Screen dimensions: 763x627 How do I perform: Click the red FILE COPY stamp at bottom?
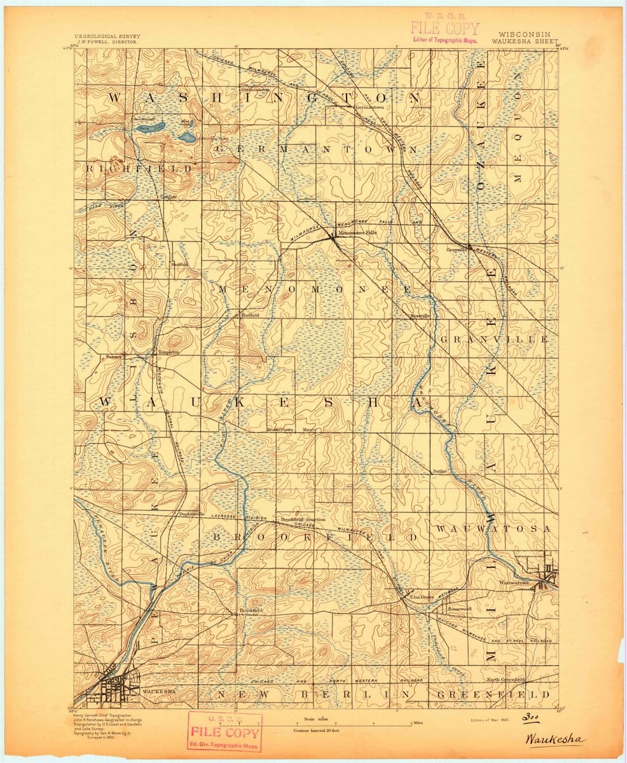[224, 731]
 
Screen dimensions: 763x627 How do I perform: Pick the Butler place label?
[438, 471]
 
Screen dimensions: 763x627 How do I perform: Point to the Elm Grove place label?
[422, 597]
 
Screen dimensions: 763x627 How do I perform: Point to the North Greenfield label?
[506, 680]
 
